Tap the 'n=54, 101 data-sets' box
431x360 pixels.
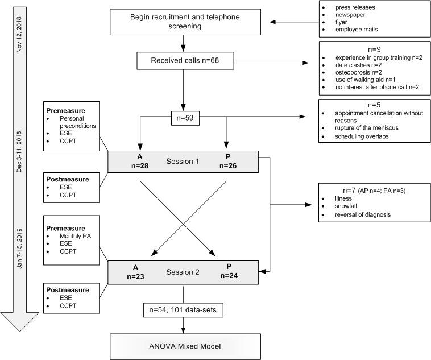(x=183, y=311)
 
